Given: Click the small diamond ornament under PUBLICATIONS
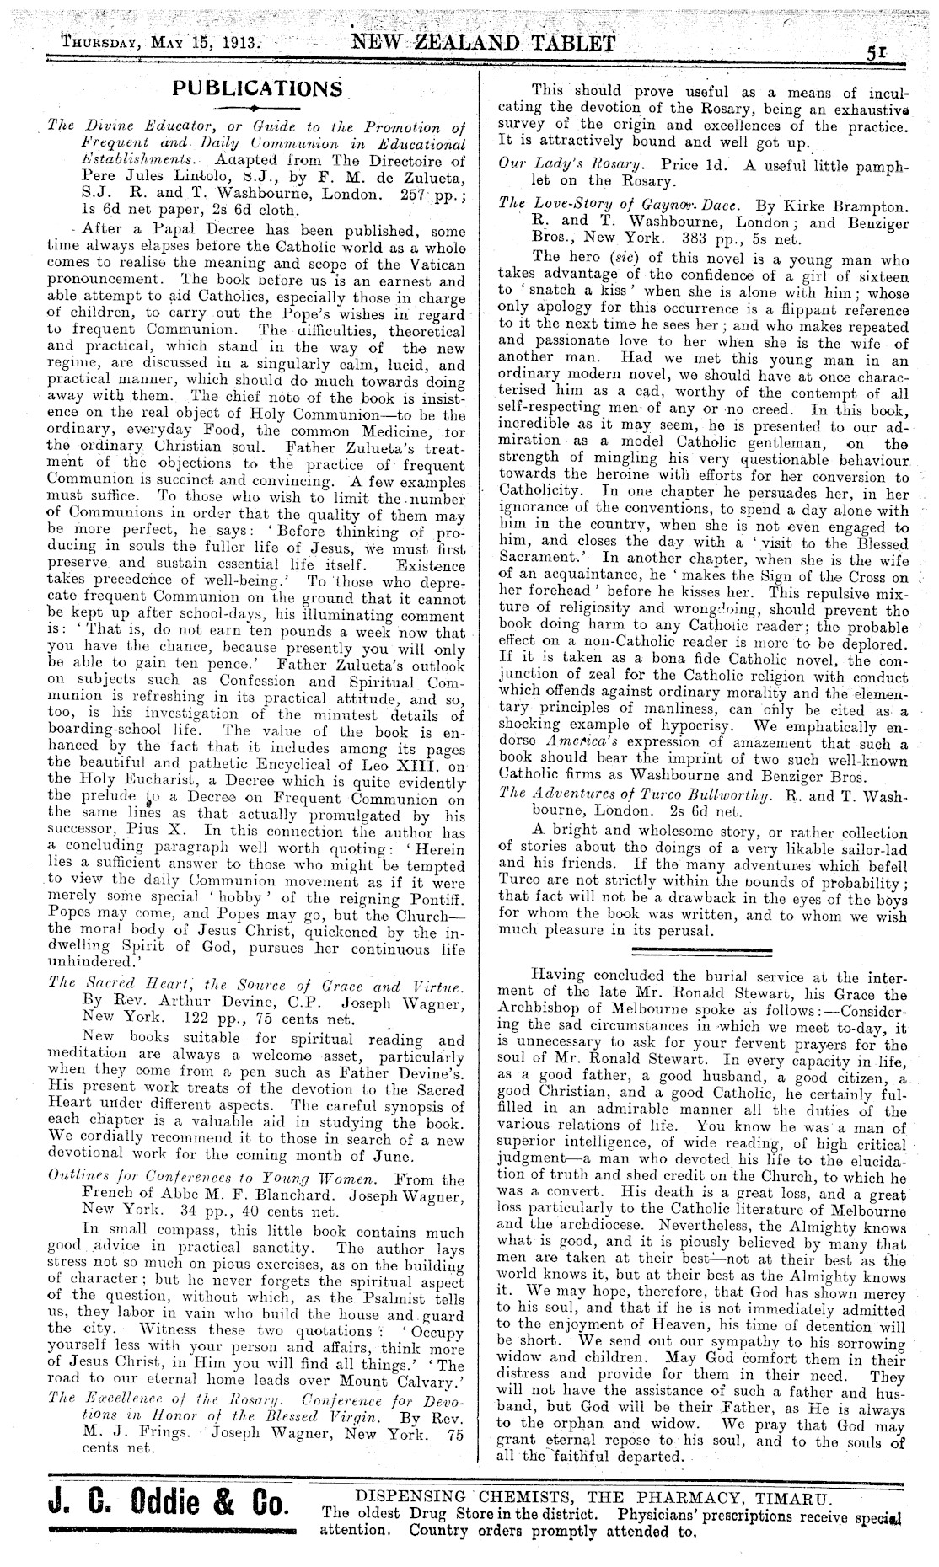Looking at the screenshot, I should [255, 108].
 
